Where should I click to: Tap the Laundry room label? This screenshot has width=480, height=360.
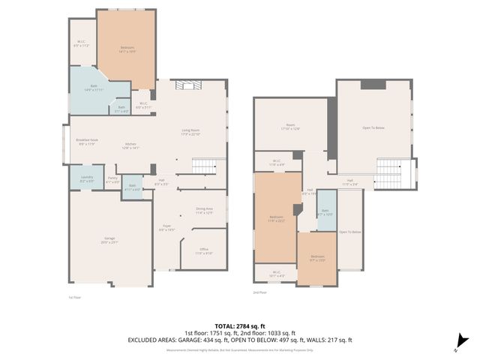[87, 179]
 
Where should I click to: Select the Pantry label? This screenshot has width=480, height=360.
[112, 180]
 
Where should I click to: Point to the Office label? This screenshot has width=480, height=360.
[204, 251]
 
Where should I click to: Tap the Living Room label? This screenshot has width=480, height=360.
[190, 132]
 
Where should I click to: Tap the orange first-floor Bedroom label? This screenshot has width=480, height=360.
[127, 50]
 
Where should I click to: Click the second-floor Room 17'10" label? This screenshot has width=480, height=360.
[291, 128]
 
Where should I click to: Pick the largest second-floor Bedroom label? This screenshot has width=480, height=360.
[276, 219]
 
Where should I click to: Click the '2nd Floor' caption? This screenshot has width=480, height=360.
[260, 292]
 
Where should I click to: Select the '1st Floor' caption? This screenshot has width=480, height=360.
[75, 296]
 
